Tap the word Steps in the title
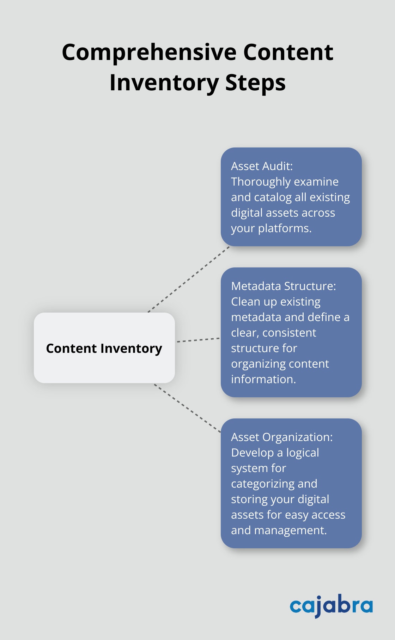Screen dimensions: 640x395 [x=255, y=83]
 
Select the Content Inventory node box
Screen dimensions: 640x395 [x=104, y=348]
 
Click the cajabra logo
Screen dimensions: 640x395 [x=331, y=605]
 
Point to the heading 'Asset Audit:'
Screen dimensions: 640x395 [x=262, y=166]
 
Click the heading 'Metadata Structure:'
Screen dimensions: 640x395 [x=283, y=286]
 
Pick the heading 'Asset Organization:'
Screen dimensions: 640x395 [x=281, y=437]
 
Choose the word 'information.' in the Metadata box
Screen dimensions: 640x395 [x=263, y=379]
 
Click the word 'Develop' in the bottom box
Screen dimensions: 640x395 [x=252, y=453]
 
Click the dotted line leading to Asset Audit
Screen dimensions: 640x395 [x=189, y=279]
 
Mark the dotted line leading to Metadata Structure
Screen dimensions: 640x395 [x=198, y=340]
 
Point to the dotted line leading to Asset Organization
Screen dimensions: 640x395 [x=187, y=408]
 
